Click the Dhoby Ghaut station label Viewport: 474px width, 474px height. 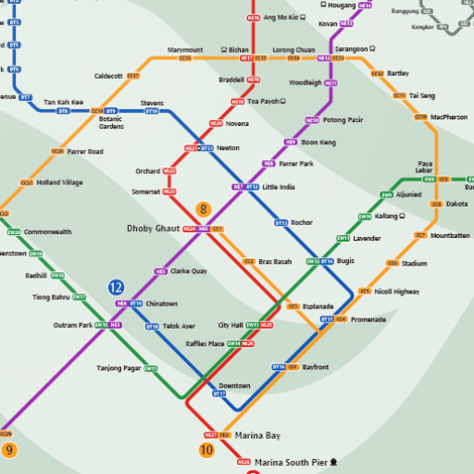(153, 228)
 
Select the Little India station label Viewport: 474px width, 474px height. (279, 187)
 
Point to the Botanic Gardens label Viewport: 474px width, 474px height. (111, 122)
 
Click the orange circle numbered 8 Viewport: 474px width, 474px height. (204, 210)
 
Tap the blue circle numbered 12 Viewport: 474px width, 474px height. (116, 288)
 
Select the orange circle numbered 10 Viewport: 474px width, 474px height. (206, 451)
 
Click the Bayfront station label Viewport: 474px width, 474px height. (315, 368)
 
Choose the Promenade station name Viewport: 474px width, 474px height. (368, 319)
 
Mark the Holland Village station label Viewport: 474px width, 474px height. (59, 183)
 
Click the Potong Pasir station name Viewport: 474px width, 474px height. (343, 120)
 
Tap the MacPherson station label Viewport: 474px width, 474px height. (449, 117)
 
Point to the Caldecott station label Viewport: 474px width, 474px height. (108, 76)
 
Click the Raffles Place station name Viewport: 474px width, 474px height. (205, 343)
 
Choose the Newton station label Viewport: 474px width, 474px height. (228, 148)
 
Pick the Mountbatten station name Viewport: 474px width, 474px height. (450, 235)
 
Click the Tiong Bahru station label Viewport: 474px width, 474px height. (51, 297)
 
